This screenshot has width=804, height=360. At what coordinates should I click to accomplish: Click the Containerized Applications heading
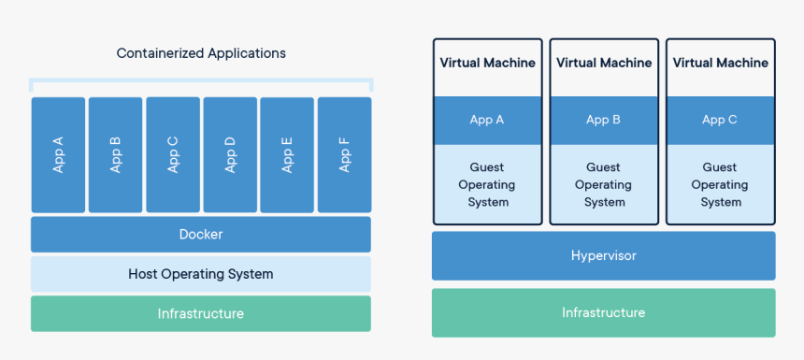tap(201, 53)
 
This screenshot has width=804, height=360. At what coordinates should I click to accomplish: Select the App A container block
tap(59, 155)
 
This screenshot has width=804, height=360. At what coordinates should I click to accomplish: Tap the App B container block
tap(115, 155)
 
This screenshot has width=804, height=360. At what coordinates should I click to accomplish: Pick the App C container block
tap(173, 155)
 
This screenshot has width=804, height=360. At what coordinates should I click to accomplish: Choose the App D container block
tap(230, 155)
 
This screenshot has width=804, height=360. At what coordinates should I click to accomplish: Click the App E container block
tap(287, 155)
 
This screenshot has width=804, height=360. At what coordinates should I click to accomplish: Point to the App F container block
tap(345, 155)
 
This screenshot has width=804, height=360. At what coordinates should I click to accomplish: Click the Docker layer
tap(201, 235)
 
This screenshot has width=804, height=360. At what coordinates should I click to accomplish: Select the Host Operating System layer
tap(201, 274)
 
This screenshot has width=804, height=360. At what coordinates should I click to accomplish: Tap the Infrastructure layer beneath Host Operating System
tap(201, 313)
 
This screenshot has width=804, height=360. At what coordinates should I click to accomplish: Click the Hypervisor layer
tap(604, 256)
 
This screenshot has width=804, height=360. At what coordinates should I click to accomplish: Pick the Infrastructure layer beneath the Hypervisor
tap(604, 313)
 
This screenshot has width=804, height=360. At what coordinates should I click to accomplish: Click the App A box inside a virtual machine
tap(487, 120)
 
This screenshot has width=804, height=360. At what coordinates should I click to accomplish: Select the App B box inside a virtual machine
tap(604, 120)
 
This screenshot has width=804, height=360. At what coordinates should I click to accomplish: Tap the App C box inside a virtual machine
tap(720, 120)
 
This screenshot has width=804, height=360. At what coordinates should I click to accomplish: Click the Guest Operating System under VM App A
tap(487, 184)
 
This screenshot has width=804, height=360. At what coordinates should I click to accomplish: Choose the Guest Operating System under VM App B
tap(604, 184)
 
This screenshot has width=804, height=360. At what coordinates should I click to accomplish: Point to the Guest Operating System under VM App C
tap(720, 184)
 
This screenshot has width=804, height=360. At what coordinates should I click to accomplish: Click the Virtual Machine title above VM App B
tap(604, 63)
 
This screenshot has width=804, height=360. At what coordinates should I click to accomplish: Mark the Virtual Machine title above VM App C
tap(721, 63)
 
